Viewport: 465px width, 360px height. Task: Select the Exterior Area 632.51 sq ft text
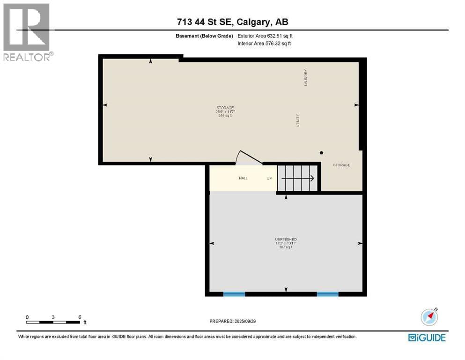click(266, 36)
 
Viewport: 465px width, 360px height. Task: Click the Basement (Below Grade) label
click(208, 36)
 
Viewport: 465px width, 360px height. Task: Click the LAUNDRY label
click(305, 77)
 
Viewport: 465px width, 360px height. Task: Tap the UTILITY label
click(297, 120)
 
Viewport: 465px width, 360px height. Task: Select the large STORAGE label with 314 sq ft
click(224, 112)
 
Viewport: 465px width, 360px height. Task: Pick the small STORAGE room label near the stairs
click(341, 165)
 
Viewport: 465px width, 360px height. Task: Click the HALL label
click(243, 178)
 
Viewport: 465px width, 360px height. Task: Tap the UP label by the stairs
click(269, 178)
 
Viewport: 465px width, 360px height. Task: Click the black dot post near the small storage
click(321, 153)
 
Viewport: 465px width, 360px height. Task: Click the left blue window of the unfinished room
click(234, 294)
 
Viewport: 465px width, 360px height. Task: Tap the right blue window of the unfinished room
click(327, 294)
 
